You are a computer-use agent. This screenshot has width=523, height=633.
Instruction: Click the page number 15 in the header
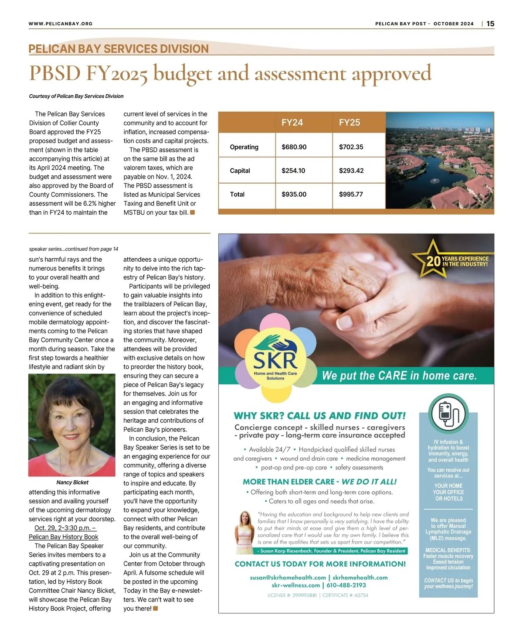(x=490, y=24)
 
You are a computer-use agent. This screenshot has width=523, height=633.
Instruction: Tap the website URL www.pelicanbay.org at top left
(x=61, y=24)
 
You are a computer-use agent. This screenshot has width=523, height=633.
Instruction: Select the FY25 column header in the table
(x=350, y=123)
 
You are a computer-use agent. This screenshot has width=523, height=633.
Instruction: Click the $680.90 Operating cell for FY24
(x=294, y=147)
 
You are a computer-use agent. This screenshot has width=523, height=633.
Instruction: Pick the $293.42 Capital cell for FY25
(x=351, y=171)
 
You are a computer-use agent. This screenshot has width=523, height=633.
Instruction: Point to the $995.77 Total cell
(x=351, y=194)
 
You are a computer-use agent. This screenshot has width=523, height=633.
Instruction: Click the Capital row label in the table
(x=240, y=171)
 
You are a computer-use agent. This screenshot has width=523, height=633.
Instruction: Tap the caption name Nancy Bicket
(x=72, y=482)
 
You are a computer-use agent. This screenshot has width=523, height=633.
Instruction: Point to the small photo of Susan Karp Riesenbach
(x=244, y=532)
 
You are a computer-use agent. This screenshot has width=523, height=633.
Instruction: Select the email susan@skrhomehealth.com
(x=288, y=577)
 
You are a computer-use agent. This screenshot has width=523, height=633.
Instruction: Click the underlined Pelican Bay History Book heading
(x=64, y=537)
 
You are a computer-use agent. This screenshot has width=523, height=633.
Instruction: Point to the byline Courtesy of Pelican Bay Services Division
(x=76, y=96)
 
